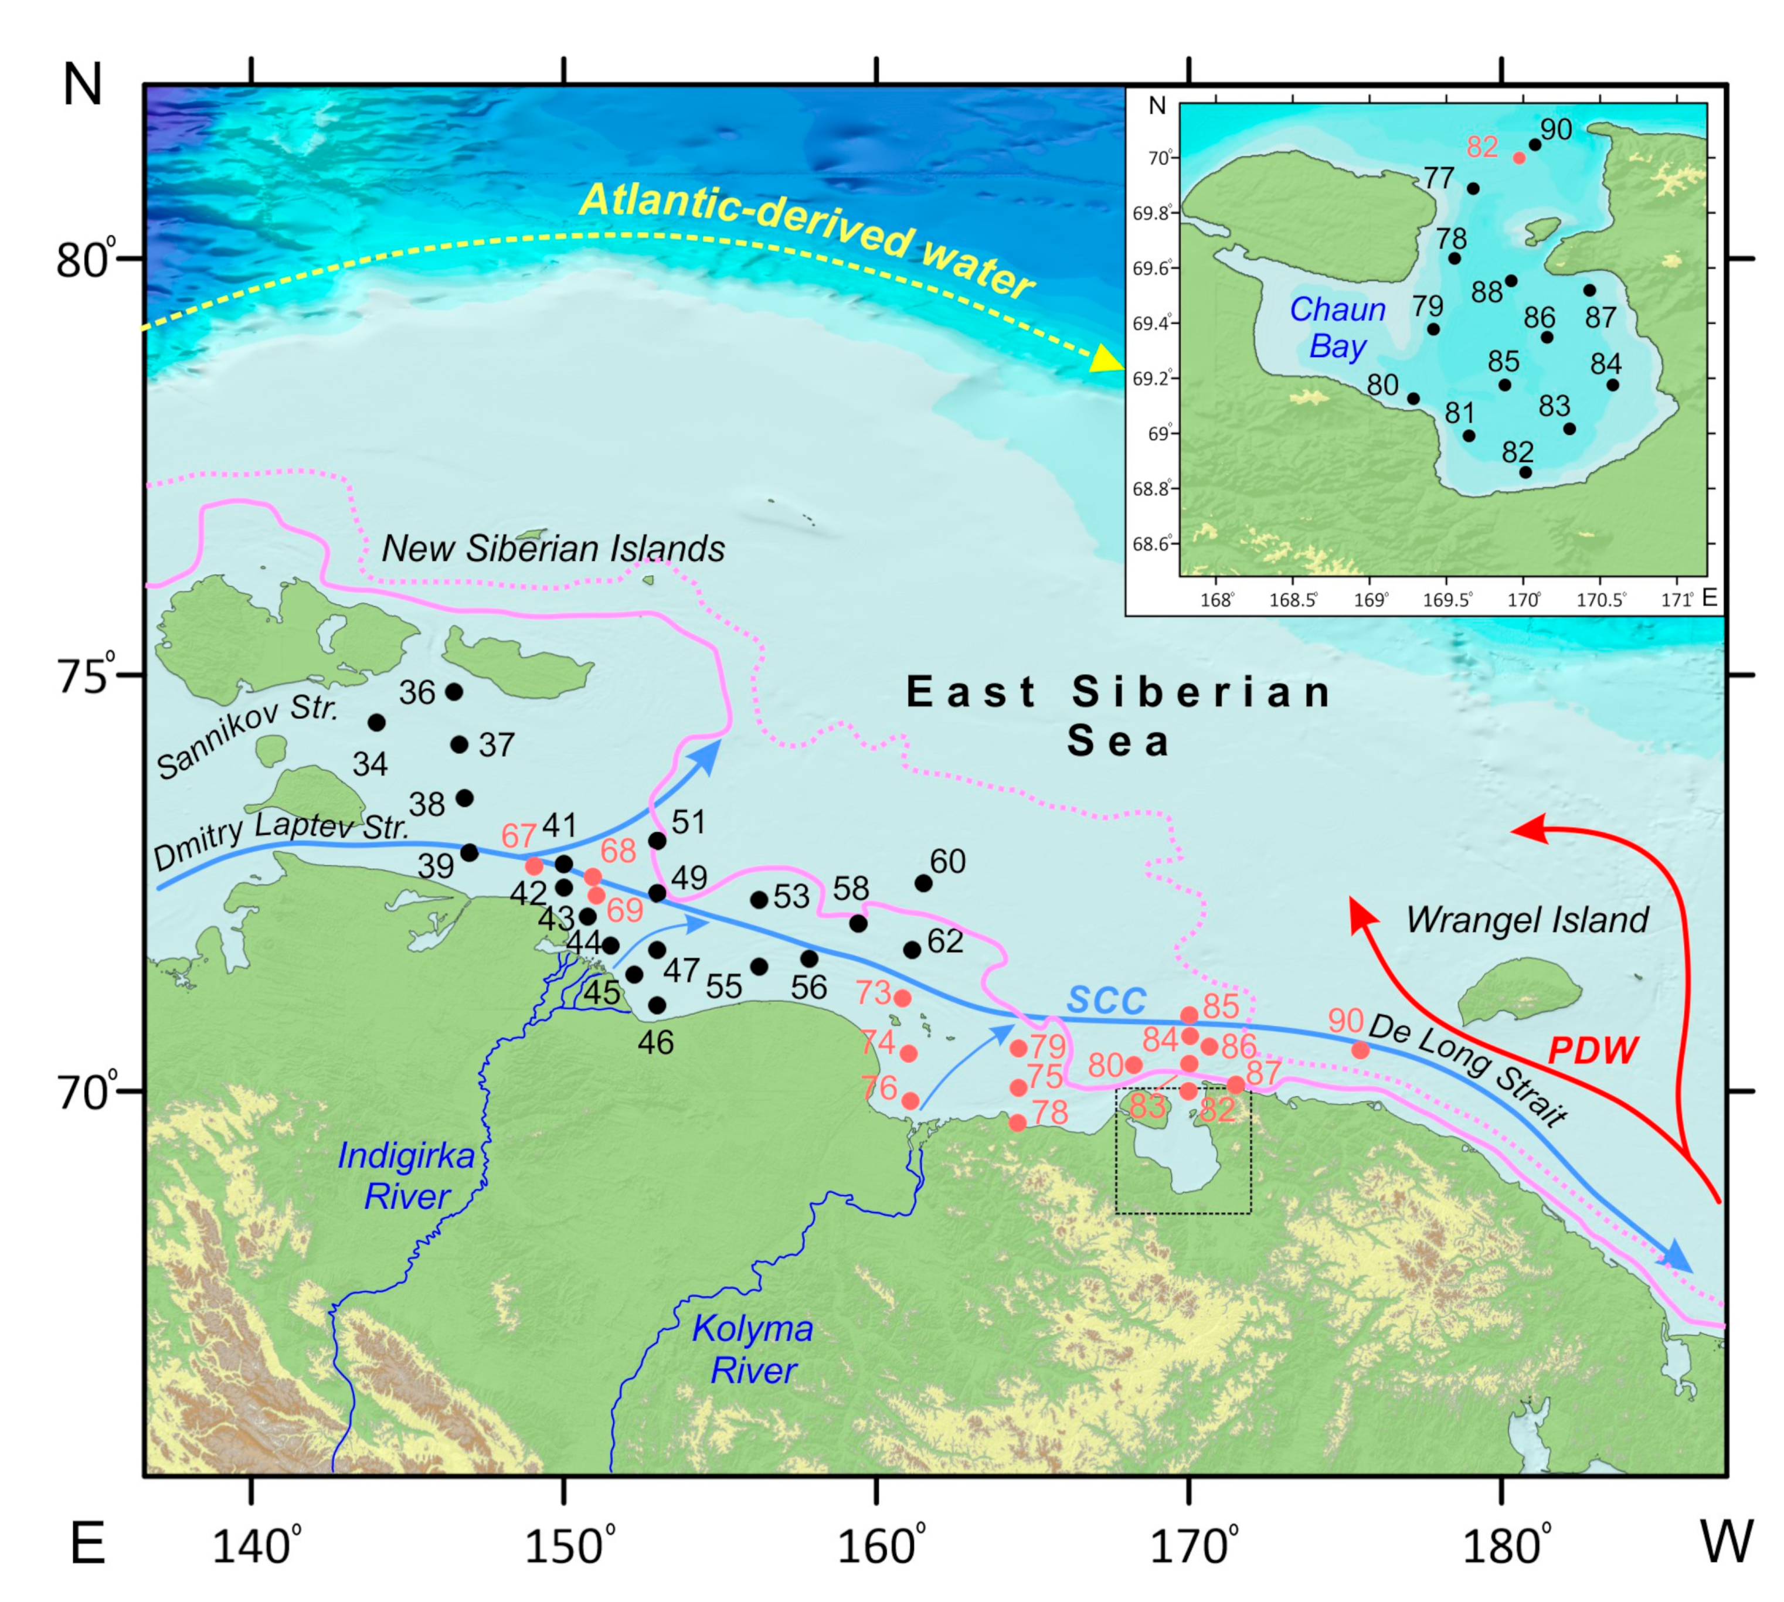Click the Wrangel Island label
pos(1526,920)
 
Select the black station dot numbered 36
pos(454,692)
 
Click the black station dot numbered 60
pos(923,883)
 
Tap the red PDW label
pos(1592,1050)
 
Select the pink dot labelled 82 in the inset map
pos(1519,158)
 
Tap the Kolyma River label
pos(753,1349)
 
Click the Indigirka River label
pos(406,1176)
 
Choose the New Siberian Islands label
pos(552,549)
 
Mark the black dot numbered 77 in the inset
pos(1473,188)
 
